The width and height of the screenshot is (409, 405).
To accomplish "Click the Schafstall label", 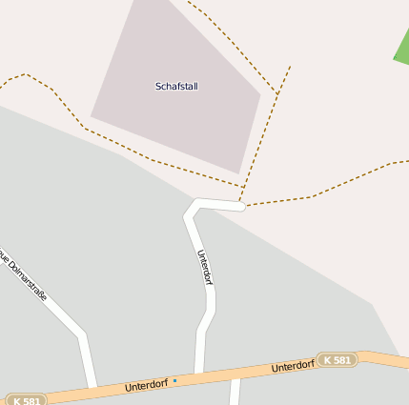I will click(176, 86).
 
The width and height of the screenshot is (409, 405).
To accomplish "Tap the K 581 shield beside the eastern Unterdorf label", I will click(337, 360).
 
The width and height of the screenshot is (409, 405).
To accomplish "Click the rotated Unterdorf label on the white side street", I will click(204, 268).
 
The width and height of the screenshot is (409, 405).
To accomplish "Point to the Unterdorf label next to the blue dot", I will click(146, 386).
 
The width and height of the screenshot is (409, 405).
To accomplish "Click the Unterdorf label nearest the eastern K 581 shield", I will click(293, 366).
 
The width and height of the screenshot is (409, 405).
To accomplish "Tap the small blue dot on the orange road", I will click(174, 381).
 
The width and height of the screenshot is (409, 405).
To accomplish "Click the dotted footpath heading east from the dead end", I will click(315, 195).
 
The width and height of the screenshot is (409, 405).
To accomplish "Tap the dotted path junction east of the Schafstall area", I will click(277, 94).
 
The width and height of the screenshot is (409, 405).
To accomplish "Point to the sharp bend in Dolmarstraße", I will click(82, 334).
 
